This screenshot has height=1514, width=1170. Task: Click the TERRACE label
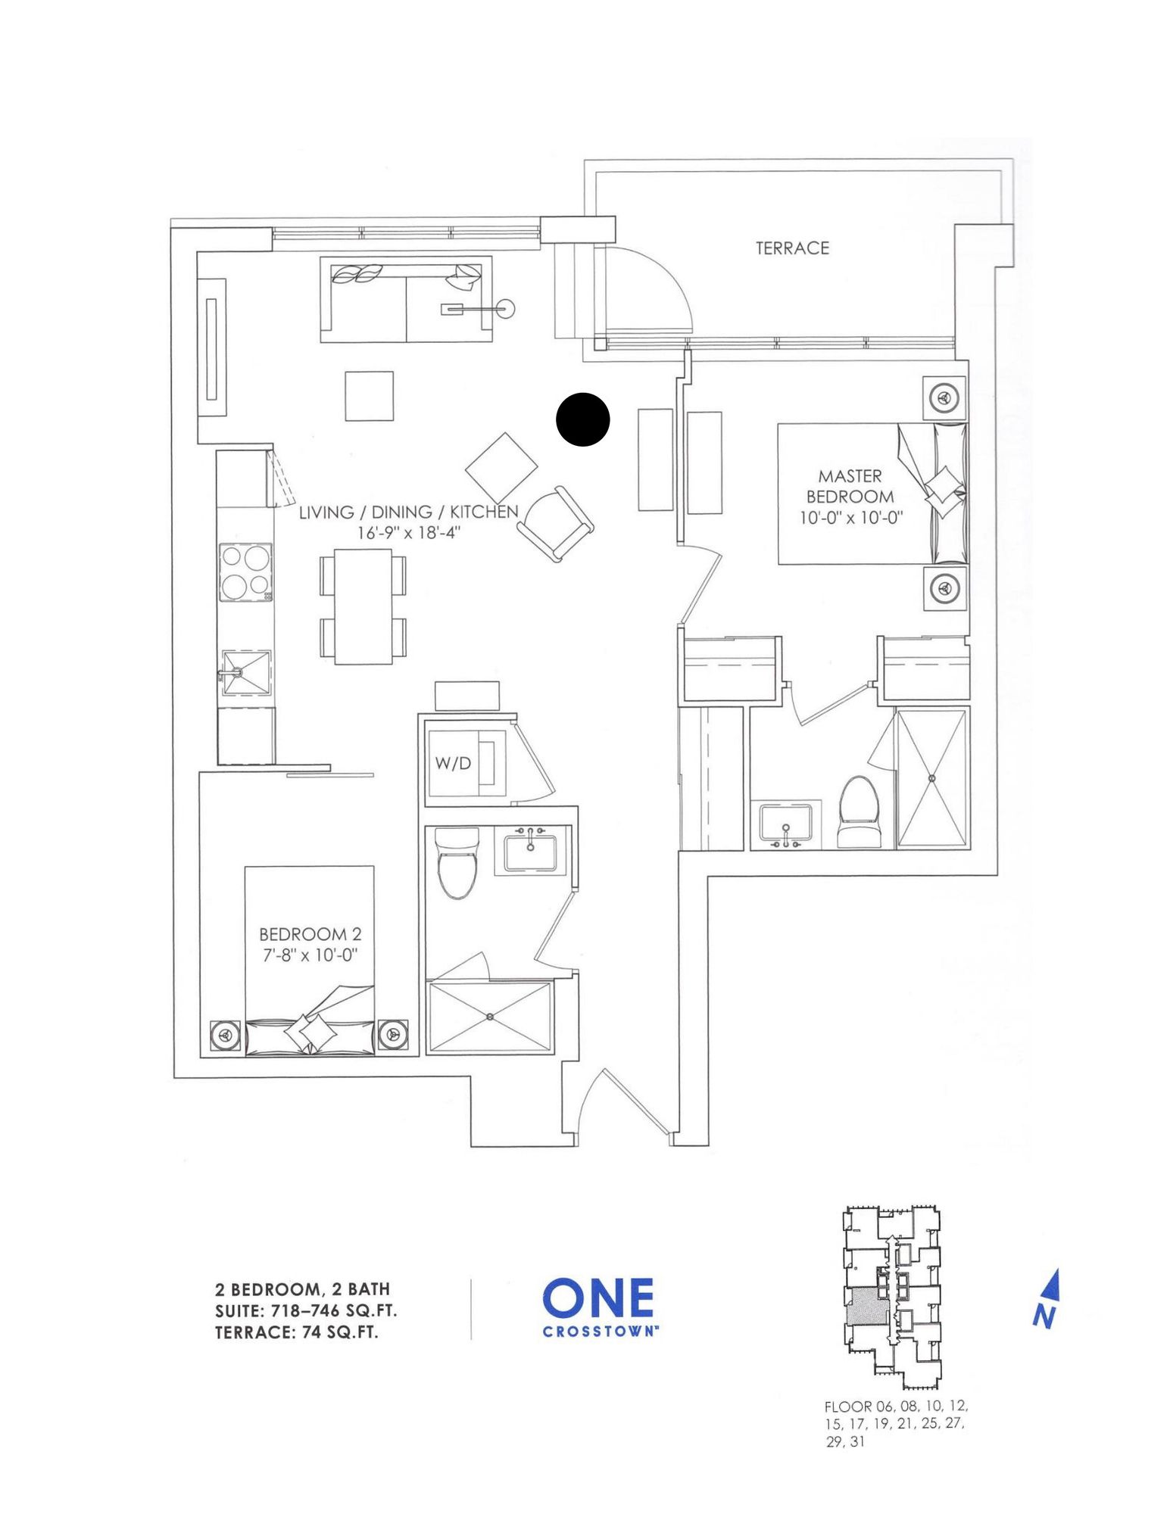click(x=792, y=248)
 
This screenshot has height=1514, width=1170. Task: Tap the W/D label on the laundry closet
click(x=453, y=763)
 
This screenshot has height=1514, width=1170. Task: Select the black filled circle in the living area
click(x=583, y=419)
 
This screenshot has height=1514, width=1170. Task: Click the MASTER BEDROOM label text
click(x=850, y=486)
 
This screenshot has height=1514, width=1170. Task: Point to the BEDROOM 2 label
click(x=310, y=934)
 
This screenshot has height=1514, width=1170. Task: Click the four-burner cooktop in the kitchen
click(x=246, y=572)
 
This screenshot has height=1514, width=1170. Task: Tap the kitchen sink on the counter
click(x=245, y=672)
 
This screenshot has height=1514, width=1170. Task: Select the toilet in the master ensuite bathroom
click(x=860, y=811)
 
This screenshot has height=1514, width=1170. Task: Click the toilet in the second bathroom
click(x=457, y=863)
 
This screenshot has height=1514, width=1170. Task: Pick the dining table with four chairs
click(x=363, y=606)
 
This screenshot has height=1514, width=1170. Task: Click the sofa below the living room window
click(x=406, y=300)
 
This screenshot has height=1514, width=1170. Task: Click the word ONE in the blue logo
click(x=598, y=1297)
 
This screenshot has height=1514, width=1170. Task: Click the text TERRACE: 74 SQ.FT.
click(x=297, y=1332)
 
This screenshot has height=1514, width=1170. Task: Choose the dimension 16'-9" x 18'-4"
click(x=409, y=532)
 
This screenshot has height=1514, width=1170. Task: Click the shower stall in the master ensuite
click(x=931, y=777)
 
